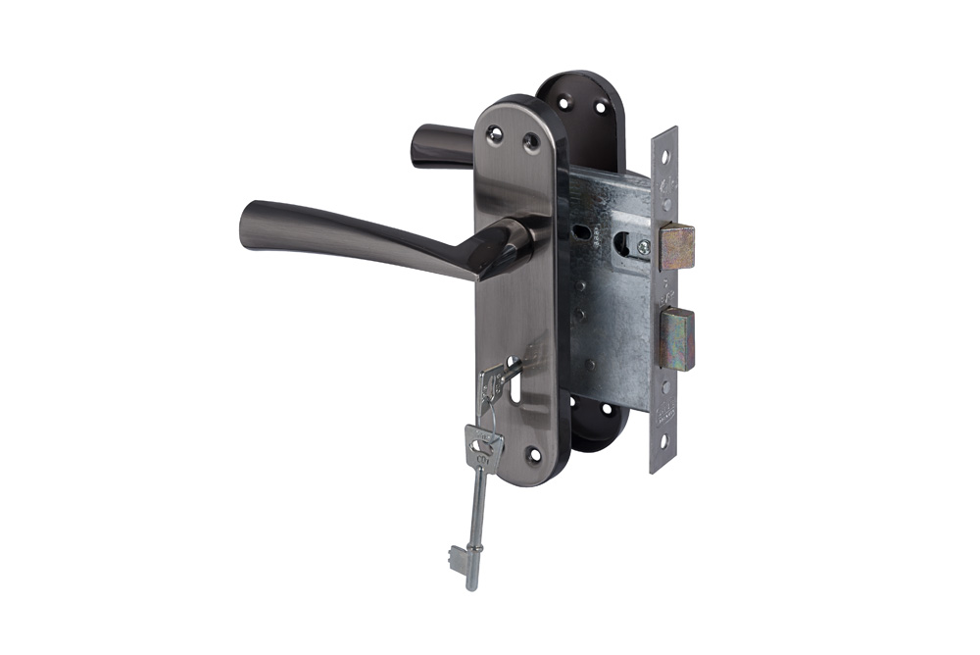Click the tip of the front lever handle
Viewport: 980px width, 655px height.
[x=247, y=225]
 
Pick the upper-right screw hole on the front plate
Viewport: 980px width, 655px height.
[x=531, y=143]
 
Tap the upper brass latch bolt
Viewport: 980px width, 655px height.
[x=676, y=246]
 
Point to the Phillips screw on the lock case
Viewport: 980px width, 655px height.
[x=644, y=247]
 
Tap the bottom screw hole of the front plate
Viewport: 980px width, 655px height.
[x=532, y=455]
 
